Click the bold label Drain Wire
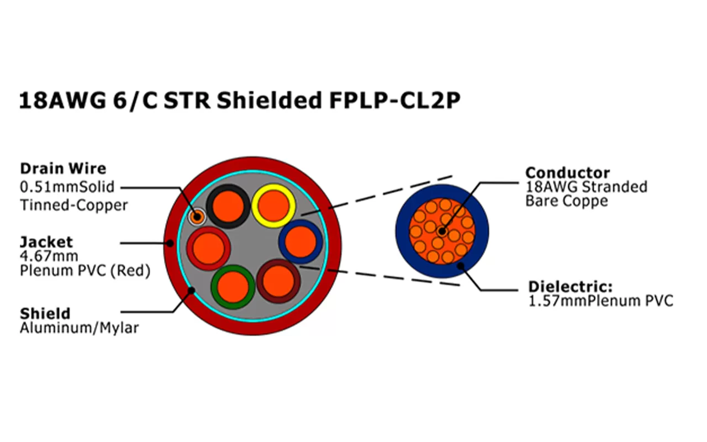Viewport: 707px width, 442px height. tap(62, 168)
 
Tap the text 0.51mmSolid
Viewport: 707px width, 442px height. tap(67, 187)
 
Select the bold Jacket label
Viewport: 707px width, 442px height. tap(46, 241)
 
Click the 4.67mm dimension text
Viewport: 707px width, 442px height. tap(49, 256)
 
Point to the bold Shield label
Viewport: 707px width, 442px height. tap(45, 313)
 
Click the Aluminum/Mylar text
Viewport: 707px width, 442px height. tap(79, 328)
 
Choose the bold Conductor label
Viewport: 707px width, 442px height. tap(567, 172)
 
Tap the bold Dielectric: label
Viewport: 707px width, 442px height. tap(571, 287)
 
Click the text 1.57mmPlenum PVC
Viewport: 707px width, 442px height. tap(600, 301)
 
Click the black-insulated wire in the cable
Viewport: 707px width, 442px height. tap(228, 206)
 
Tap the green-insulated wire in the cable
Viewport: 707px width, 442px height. tap(233, 287)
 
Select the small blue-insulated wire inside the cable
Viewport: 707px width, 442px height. tap(301, 241)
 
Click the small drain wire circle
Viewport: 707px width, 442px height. tap(197, 216)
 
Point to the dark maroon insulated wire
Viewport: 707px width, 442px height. tap(278, 281)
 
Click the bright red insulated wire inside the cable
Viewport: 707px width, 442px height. tap(208, 249)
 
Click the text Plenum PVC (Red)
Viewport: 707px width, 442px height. tap(85, 271)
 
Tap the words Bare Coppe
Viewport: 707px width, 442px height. tap(566, 201)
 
